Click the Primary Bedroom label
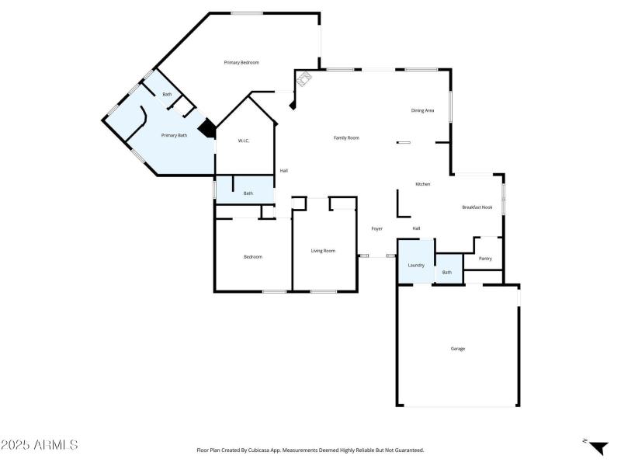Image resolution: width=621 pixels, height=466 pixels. (241, 62)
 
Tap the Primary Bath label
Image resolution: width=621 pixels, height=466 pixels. (174, 135)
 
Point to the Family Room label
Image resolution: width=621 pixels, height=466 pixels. (346, 137)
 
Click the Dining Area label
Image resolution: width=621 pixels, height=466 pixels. (422, 110)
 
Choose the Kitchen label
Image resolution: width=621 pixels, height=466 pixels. (422, 184)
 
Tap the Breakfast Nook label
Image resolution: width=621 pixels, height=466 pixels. (477, 207)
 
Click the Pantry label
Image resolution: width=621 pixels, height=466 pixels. (485, 259)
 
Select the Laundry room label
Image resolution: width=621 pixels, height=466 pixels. (416, 265)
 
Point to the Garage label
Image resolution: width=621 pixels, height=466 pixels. (458, 349)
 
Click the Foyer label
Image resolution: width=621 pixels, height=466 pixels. (376, 228)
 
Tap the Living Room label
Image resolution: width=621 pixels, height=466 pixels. (323, 250)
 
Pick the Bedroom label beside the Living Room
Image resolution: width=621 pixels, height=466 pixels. (253, 256)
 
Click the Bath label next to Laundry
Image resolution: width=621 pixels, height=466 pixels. (447, 273)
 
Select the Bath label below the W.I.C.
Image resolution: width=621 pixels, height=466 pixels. (248, 193)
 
